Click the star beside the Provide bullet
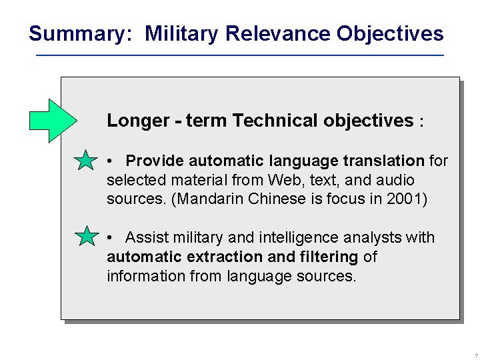coord(85,161)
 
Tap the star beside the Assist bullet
coord(85,237)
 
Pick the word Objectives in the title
coord(390,33)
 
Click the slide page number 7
coord(476,356)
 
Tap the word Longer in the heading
coord(138,121)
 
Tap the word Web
coord(284,180)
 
